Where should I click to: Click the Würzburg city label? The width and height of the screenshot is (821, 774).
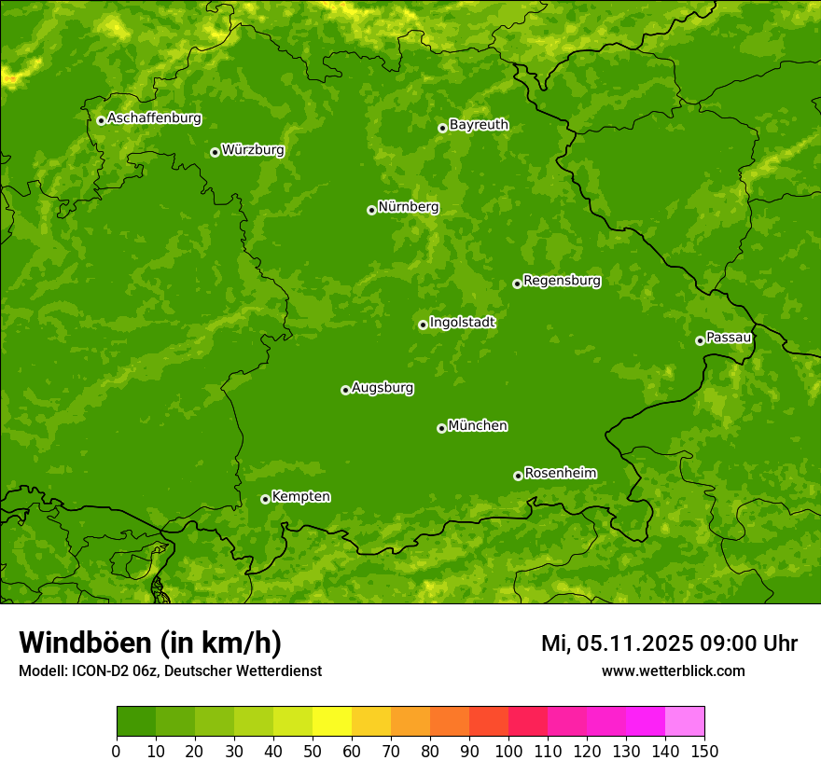tap(253, 150)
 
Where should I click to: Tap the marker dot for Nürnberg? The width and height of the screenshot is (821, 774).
tap(371, 210)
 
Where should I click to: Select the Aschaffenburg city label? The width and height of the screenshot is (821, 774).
tap(154, 118)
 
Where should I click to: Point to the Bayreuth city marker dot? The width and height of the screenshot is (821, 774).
tap(442, 128)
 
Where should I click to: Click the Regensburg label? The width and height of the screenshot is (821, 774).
tap(562, 281)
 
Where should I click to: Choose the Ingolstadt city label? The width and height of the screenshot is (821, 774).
tap(462, 323)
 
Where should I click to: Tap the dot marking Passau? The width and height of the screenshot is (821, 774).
tap(700, 340)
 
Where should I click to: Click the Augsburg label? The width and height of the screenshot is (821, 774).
tap(383, 388)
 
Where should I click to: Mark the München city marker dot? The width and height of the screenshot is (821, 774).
tap(441, 428)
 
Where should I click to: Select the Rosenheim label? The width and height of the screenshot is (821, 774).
tap(560, 474)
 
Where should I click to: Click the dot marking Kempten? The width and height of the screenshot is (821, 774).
tap(265, 499)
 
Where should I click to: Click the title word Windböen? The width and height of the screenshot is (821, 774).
tap(85, 643)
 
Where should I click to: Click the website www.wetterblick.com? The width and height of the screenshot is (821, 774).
tap(673, 670)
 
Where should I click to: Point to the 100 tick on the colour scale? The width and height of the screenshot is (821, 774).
tap(508, 750)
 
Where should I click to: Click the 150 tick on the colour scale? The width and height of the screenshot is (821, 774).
tap(704, 750)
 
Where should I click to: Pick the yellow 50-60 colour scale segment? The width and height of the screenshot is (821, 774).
tap(332, 722)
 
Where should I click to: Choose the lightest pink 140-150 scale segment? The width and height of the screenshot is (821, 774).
tap(685, 722)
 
